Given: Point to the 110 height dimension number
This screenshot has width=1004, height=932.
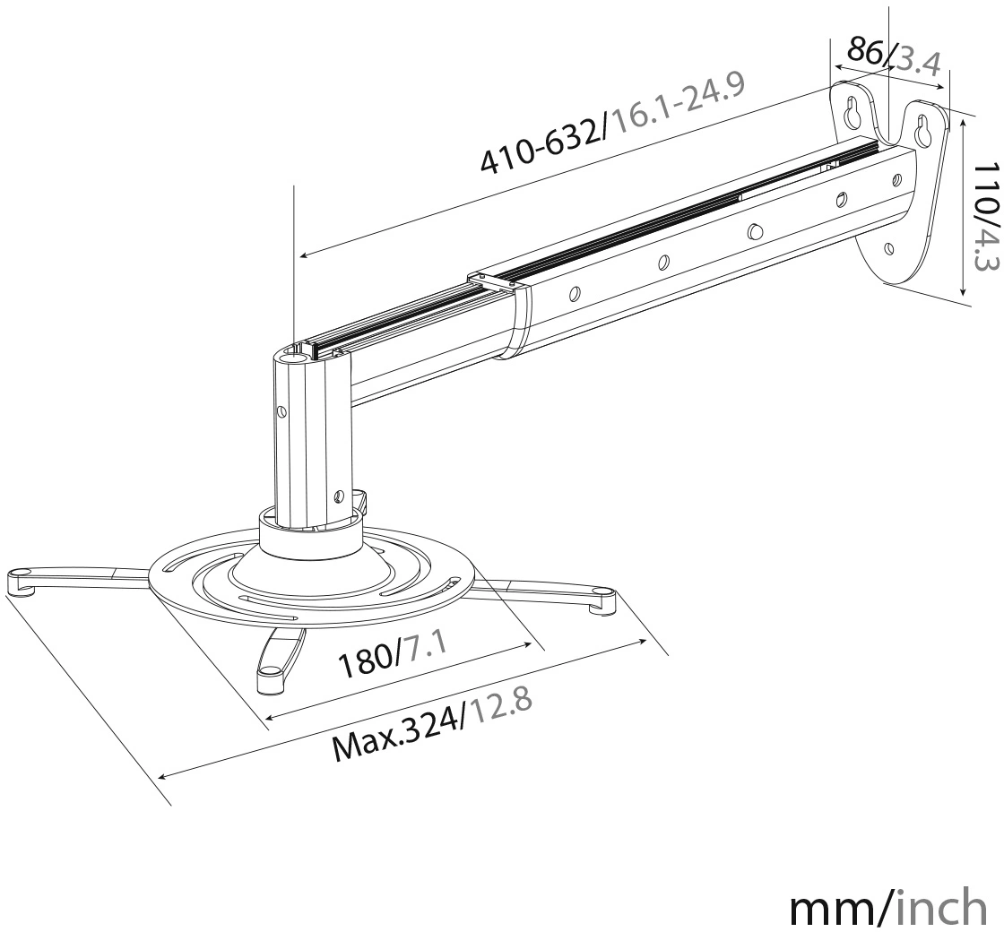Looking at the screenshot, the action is point(986,186).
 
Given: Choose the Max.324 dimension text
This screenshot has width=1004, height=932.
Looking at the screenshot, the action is point(398,736).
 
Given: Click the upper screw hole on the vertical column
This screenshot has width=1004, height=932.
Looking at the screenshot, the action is point(281,410).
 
